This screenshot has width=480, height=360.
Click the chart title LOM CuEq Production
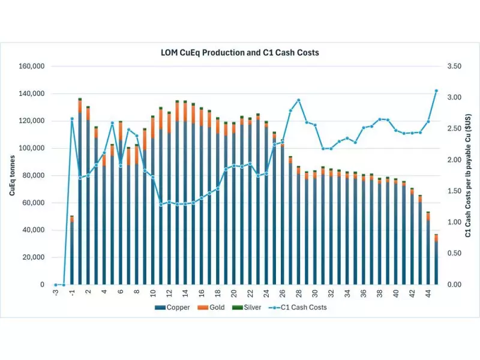pyautogui.click(x=239, y=52)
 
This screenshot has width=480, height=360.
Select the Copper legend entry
pyautogui.click(x=175, y=307)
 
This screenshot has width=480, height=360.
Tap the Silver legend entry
pyautogui.click(x=251, y=307)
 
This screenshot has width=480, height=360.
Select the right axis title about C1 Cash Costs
pyautogui.click(x=467, y=175)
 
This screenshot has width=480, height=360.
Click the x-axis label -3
pyautogui.click(x=55, y=293)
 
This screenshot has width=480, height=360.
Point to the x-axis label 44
pyautogui.click(x=428, y=293)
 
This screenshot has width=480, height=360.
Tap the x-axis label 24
pyautogui.click(x=266, y=293)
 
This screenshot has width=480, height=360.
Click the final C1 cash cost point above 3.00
pyautogui.click(x=436, y=91)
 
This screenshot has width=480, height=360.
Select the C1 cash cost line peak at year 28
pyautogui.click(x=298, y=100)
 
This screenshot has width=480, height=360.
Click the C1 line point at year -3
pyautogui.click(x=56, y=284)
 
